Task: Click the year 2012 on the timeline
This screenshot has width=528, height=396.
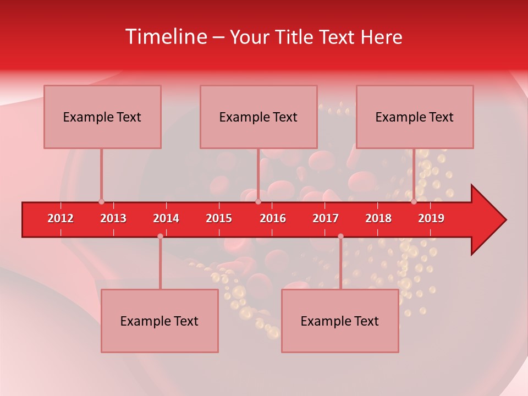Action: (x=61, y=218)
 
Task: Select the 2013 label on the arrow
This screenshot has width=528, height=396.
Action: (x=113, y=218)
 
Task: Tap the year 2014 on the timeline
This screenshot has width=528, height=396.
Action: (x=166, y=218)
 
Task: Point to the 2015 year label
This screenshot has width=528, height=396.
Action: (x=219, y=218)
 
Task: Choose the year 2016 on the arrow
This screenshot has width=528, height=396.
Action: (x=273, y=218)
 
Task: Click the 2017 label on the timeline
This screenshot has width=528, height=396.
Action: (x=326, y=218)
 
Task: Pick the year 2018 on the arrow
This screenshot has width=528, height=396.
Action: (x=378, y=218)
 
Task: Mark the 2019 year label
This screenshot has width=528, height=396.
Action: (x=431, y=218)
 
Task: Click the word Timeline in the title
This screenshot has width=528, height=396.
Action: (x=165, y=37)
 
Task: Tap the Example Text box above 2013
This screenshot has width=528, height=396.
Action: (x=102, y=117)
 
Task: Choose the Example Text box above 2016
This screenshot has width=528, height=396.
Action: (x=258, y=117)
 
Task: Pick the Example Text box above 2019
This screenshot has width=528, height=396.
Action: (x=415, y=117)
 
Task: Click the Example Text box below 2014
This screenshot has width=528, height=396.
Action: (x=159, y=321)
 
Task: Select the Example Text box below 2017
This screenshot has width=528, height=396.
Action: (x=340, y=321)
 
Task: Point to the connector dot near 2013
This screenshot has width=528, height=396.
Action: (x=101, y=202)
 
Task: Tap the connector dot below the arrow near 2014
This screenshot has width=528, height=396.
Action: (x=160, y=236)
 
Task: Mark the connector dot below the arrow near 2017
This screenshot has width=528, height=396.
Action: (x=340, y=236)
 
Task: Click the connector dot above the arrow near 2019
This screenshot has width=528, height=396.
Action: (x=414, y=202)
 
